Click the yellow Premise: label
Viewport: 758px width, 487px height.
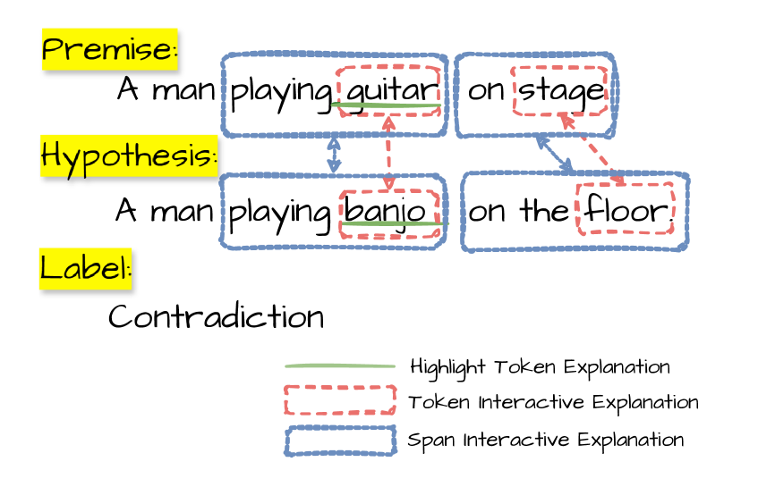[x=109, y=49]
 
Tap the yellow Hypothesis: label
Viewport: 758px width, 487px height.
[x=129, y=156]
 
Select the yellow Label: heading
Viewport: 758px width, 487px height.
[x=85, y=269]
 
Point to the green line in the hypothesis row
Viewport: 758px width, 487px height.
[x=394, y=223]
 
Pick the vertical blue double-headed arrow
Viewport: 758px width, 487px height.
[x=334, y=155]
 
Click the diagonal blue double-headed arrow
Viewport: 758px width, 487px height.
[x=555, y=154]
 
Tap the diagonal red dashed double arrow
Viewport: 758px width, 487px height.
[x=593, y=148]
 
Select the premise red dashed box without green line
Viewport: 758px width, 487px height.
[x=560, y=90]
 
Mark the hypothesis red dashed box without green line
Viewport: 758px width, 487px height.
[x=625, y=208]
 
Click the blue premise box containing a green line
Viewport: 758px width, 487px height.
[x=277, y=95]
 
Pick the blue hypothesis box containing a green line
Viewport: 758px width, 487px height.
[x=277, y=211]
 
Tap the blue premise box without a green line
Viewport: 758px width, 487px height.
[x=484, y=95]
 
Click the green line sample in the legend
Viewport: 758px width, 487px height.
[x=340, y=366]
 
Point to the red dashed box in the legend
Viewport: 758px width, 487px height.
[x=340, y=399]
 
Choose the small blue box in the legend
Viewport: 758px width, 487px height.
[x=340, y=441]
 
